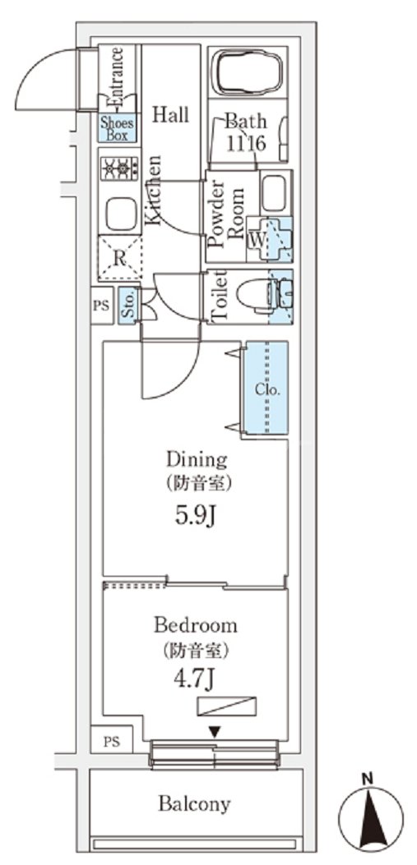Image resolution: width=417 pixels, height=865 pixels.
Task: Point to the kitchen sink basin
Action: tap(120, 214)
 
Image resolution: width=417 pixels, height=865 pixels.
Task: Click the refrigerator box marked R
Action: tap(118, 257)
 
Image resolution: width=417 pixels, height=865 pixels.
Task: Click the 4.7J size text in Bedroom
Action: tap(196, 681)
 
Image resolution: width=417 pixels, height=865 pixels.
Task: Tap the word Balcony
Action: tap(195, 803)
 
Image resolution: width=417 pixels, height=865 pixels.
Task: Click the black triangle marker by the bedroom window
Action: tap(214, 731)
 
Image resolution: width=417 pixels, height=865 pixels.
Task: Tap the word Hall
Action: tap(169, 115)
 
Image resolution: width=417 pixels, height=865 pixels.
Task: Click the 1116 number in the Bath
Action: tap(246, 143)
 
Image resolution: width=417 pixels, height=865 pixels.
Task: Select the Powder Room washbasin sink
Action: tap(275, 192)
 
